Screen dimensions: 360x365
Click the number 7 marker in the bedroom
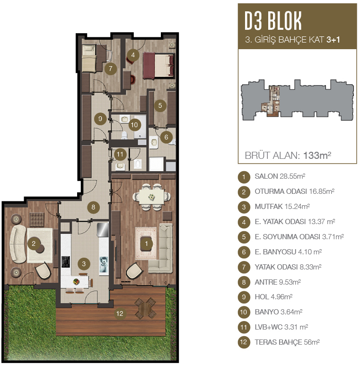click(110, 69)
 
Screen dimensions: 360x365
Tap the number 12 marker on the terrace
click(120, 313)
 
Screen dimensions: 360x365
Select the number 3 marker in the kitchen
click(84, 264)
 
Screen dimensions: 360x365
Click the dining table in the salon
click(151, 197)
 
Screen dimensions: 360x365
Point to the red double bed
click(158, 65)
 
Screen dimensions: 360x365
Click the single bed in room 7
click(89, 58)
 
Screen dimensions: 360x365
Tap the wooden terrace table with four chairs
click(146, 308)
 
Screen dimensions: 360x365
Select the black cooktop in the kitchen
click(66, 262)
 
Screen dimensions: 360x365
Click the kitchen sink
click(104, 265)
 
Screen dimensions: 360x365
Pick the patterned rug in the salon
click(146, 243)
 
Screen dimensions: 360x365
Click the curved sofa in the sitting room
click(18, 244)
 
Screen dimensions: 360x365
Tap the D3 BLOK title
click(273, 21)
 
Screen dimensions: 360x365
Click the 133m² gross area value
click(317, 155)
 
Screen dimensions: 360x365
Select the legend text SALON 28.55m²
click(280, 176)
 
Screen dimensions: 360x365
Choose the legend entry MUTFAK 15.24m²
click(282, 207)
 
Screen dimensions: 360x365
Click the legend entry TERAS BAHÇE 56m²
click(287, 342)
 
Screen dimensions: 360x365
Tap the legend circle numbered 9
click(244, 297)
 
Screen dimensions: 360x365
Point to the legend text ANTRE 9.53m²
click(278, 282)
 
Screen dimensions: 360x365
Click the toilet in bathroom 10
click(124, 135)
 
